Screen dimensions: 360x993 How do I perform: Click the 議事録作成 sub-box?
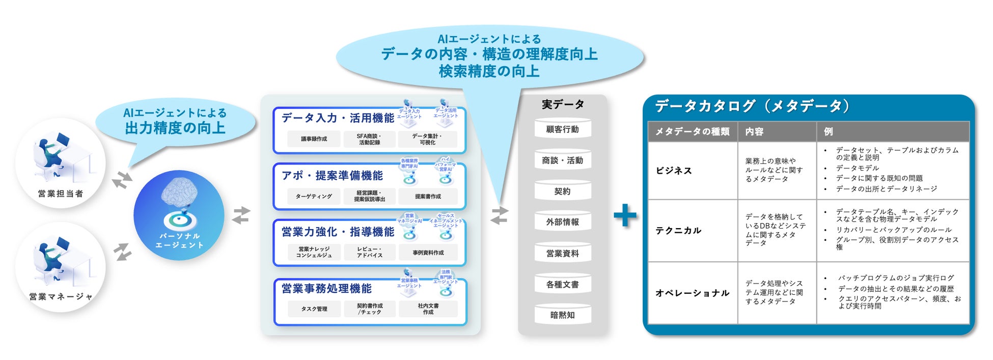(x=314, y=139)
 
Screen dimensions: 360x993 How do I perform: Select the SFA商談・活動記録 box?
(x=369, y=139)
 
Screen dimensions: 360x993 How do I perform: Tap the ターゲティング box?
(x=314, y=196)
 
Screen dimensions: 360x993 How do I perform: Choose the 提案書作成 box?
(x=428, y=196)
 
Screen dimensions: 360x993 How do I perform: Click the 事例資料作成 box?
(x=428, y=253)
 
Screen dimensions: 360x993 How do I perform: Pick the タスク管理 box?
(x=314, y=309)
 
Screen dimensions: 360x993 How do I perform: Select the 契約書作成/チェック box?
(x=369, y=309)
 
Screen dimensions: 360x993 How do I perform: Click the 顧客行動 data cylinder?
(x=562, y=129)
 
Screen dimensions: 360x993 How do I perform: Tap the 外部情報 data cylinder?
(x=562, y=222)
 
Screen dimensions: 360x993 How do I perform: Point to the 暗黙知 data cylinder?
(x=562, y=315)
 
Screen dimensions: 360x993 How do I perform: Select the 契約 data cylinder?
(x=562, y=191)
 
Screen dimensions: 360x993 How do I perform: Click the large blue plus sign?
(x=625, y=215)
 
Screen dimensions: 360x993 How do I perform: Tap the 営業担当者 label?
(x=60, y=193)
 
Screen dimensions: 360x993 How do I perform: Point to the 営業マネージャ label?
(x=61, y=296)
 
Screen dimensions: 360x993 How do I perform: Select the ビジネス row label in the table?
(x=674, y=171)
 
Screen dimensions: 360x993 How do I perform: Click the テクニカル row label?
(x=678, y=230)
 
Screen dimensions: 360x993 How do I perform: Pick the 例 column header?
(x=828, y=131)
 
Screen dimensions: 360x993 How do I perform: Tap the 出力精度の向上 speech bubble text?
(x=175, y=128)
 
